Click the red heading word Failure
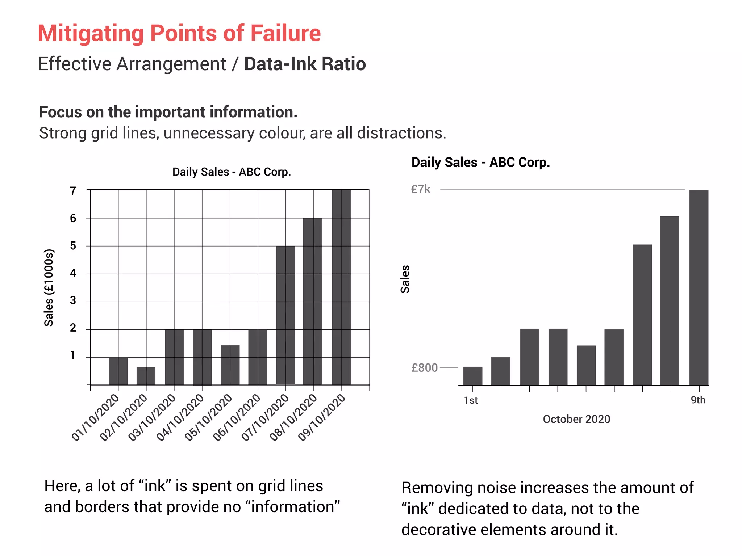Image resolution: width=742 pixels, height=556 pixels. (285, 33)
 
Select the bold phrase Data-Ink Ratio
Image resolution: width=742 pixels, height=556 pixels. (305, 64)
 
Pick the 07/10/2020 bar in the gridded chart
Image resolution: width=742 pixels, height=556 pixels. (285, 315)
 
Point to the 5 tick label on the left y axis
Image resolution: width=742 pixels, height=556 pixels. (73, 246)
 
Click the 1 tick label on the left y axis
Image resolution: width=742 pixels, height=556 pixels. (73, 355)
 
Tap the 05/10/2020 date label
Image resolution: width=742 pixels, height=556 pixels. (209, 417)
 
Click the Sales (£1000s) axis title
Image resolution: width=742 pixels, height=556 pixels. (49, 288)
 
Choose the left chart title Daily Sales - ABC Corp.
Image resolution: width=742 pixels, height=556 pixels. (232, 172)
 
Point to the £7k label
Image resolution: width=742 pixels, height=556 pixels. (421, 189)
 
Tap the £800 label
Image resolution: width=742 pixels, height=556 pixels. (424, 368)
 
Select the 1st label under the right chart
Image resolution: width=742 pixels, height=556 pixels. (471, 400)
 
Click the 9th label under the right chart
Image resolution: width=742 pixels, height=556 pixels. (698, 400)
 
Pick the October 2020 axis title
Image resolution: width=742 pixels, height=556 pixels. (576, 419)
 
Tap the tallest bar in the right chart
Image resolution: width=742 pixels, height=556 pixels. (699, 287)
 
